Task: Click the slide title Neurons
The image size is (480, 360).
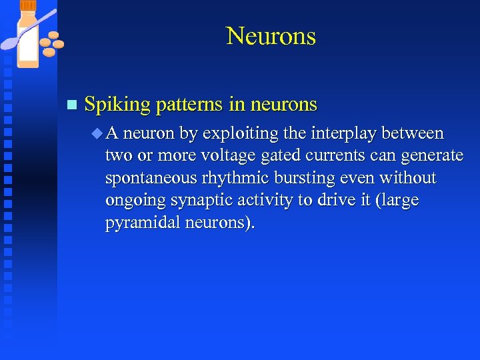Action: [271, 36]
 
